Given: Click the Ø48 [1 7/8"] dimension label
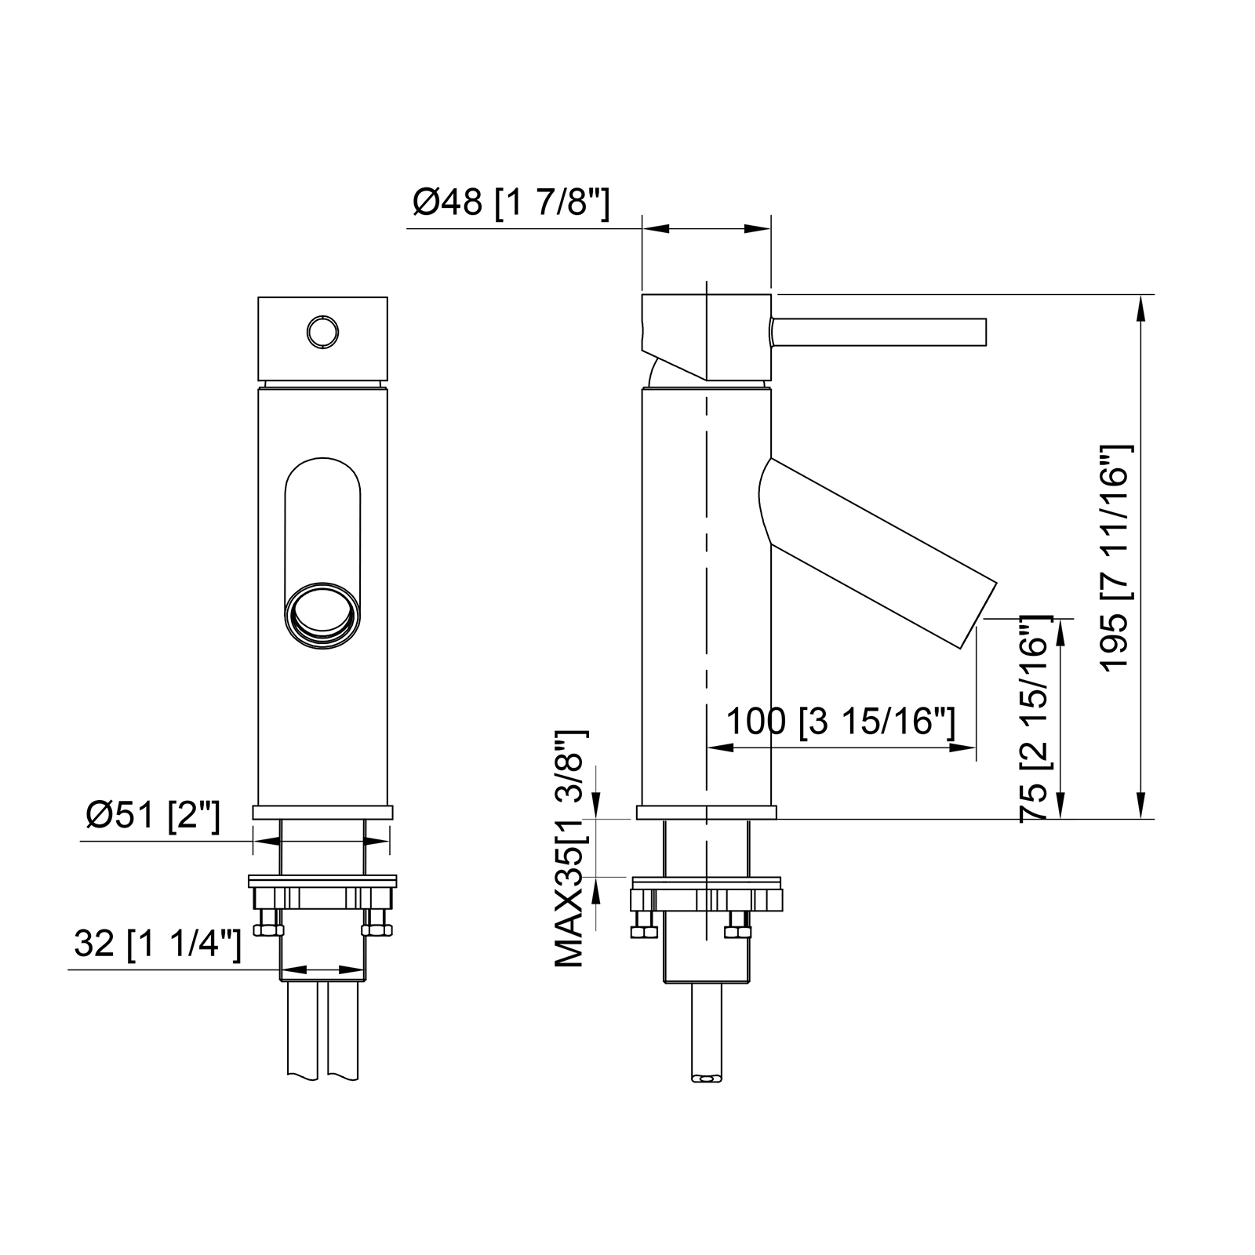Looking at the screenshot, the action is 511,204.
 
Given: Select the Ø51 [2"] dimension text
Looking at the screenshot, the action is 154,817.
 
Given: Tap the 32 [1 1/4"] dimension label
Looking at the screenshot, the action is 157,944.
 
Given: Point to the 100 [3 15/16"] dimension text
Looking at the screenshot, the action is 841,721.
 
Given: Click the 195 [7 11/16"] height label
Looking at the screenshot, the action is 1116,557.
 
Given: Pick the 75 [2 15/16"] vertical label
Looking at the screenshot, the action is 1035,718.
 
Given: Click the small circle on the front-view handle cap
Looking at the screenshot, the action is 322,332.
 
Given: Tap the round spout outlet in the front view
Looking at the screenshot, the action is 322,616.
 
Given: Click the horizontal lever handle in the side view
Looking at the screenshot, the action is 878,331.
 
